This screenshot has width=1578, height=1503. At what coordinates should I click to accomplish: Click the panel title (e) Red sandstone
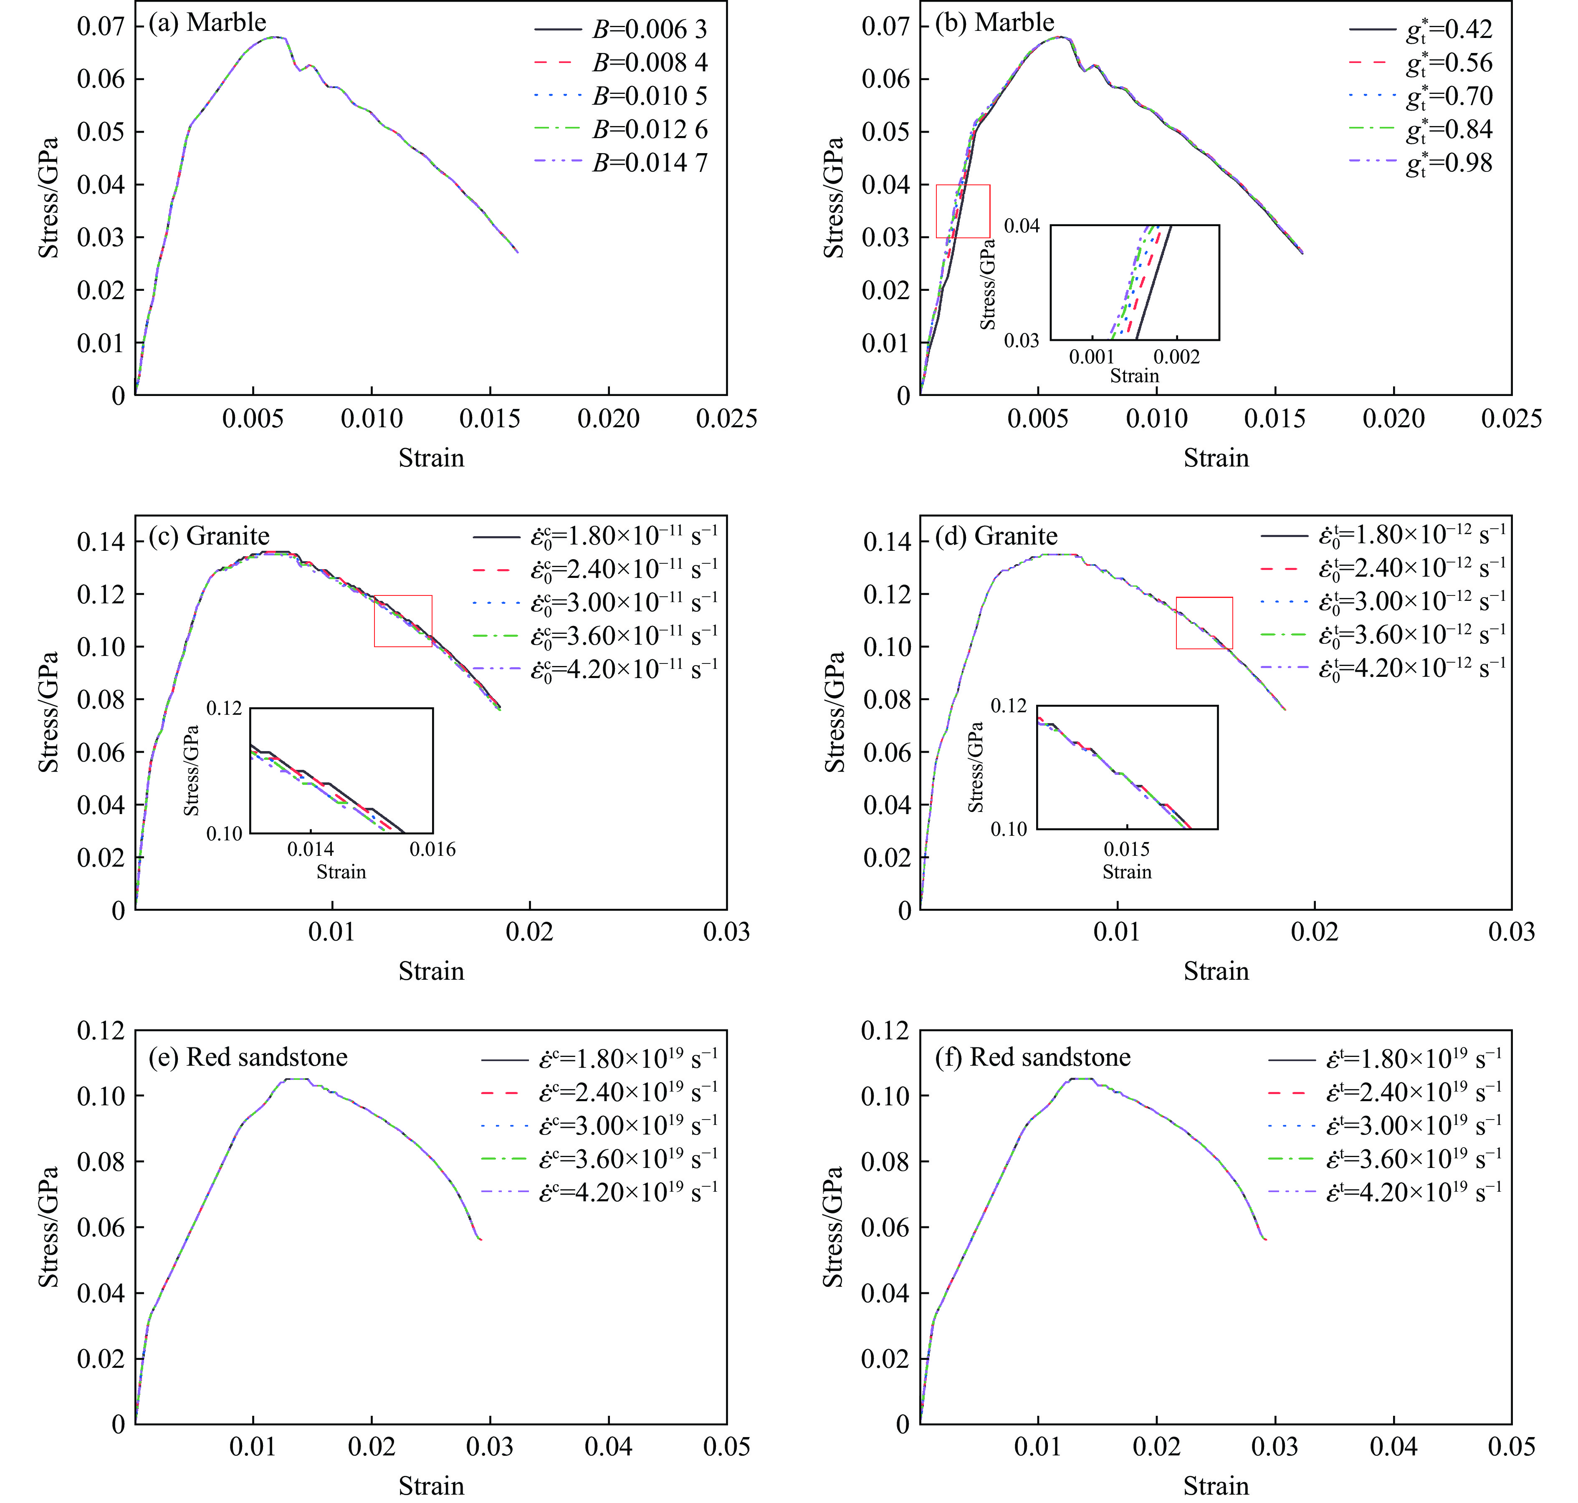(248, 1057)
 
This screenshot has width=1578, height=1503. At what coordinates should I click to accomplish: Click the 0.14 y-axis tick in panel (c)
(101, 542)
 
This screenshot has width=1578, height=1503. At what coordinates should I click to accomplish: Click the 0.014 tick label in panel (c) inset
(311, 849)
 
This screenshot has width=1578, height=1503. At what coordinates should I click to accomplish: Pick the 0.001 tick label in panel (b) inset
(1092, 357)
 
